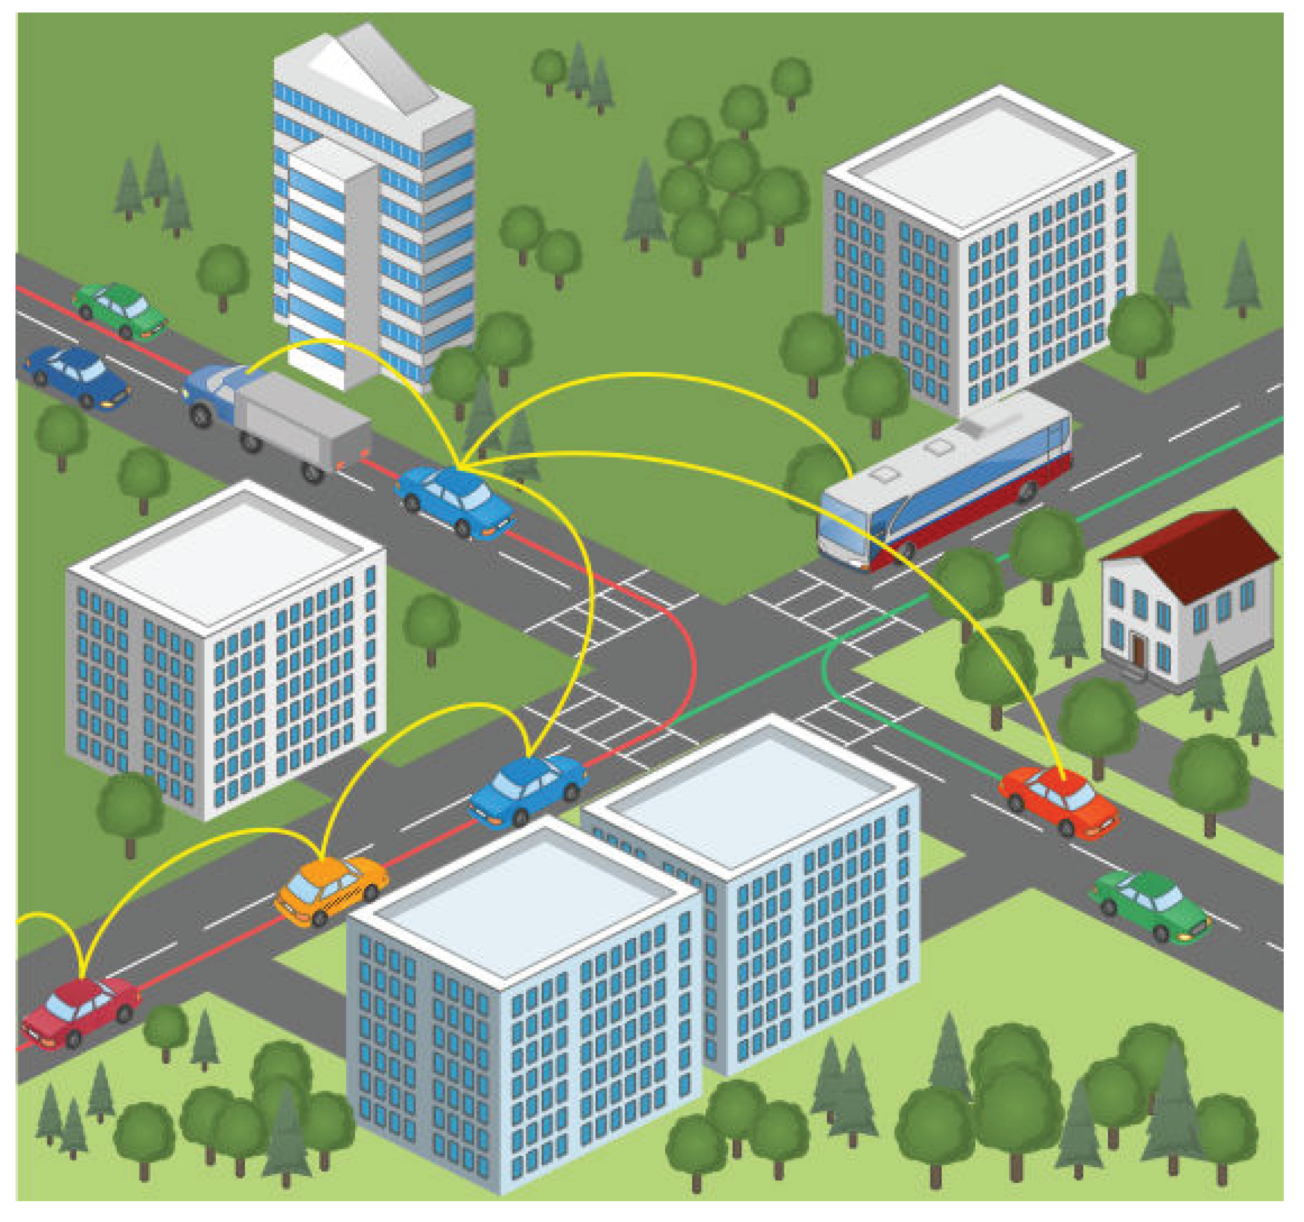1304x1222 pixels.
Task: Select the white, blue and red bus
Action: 945,482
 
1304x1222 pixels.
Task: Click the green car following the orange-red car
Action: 1149,904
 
